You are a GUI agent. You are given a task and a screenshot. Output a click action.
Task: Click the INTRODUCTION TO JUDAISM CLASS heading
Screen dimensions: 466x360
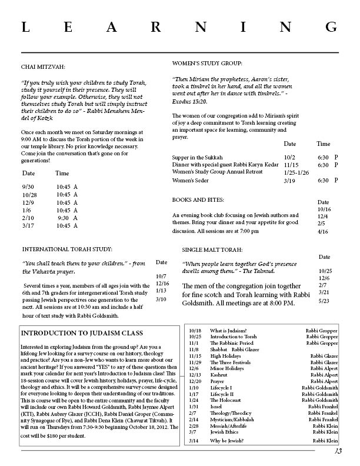click(82, 333)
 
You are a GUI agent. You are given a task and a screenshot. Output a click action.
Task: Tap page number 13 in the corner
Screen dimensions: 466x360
click(338, 452)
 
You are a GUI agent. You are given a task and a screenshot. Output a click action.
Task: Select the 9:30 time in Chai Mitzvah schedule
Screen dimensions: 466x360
click(65, 218)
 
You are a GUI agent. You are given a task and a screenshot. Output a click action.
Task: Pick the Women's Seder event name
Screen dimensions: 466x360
click(191, 181)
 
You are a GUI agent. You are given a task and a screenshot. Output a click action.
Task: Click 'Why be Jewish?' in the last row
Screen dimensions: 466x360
click(226, 441)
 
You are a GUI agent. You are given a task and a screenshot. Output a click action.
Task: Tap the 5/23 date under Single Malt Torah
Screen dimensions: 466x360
click(323, 301)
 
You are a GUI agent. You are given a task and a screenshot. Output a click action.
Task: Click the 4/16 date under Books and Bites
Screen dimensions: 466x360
click(323, 232)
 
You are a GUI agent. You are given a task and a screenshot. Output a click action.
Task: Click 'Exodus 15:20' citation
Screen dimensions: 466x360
click(190, 102)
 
